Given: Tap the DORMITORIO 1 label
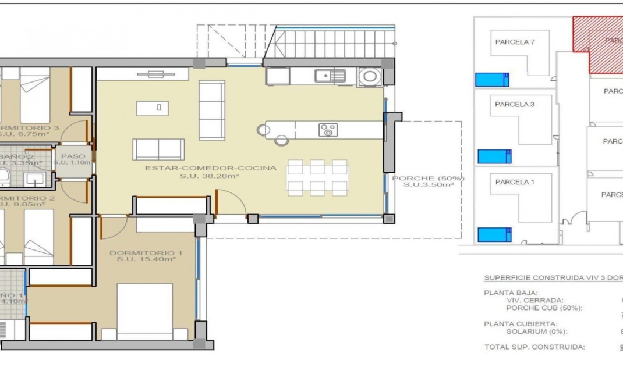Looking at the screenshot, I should (x=146, y=253).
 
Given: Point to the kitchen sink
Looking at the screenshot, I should (x=330, y=76).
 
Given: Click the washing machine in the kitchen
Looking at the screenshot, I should (x=369, y=76).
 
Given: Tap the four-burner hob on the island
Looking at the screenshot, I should (x=328, y=130).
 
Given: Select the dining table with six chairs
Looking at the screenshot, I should (x=318, y=177).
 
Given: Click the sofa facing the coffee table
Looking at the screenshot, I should (x=158, y=149).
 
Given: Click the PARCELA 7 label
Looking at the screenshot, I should (x=515, y=42).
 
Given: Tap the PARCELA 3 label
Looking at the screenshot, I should (x=515, y=105).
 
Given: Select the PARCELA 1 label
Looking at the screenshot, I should (x=515, y=182).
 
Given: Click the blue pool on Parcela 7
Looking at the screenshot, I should (x=492, y=80).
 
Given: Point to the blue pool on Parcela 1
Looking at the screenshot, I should (x=494, y=234).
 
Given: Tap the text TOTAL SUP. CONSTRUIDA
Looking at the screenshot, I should (x=534, y=347).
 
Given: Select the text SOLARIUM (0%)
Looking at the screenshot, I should (x=538, y=331).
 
